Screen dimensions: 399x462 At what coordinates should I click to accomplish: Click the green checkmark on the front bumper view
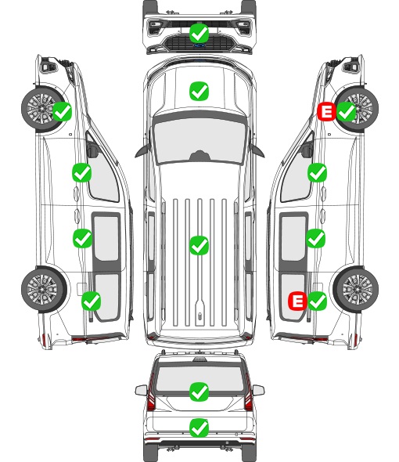tap(199, 34)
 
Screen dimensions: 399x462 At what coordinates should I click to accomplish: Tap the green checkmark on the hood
tap(199, 91)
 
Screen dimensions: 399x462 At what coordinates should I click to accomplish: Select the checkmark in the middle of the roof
tap(199, 245)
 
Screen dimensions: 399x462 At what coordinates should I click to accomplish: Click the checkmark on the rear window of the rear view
tap(199, 392)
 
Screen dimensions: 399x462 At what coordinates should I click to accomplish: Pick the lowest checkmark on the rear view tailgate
tap(199, 428)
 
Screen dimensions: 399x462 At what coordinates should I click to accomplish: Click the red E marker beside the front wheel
tap(326, 111)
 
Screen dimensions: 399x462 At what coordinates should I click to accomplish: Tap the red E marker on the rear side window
tap(298, 301)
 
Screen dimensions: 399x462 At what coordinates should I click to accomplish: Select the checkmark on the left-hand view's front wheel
tap(62, 111)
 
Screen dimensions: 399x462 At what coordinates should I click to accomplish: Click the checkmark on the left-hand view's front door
tap(82, 172)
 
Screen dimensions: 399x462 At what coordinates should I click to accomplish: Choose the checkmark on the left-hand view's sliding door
tap(82, 238)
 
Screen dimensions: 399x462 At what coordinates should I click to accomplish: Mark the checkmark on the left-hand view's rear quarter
tap(92, 301)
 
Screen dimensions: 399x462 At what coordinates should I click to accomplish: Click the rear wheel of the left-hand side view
tap(44, 289)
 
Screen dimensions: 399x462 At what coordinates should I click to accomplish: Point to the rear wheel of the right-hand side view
tap(356, 289)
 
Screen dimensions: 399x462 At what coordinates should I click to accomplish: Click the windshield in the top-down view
tap(199, 141)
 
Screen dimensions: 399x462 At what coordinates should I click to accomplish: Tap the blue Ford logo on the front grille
tap(199, 45)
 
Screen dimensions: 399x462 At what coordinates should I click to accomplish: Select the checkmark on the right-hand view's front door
tap(317, 172)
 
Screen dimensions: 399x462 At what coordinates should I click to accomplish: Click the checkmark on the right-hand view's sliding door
tap(316, 238)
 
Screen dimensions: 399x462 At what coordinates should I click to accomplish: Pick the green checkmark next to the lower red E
tap(317, 301)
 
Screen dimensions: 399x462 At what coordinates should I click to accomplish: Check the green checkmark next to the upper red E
tap(347, 111)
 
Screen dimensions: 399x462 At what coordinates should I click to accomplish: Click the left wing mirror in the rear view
tap(141, 390)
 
